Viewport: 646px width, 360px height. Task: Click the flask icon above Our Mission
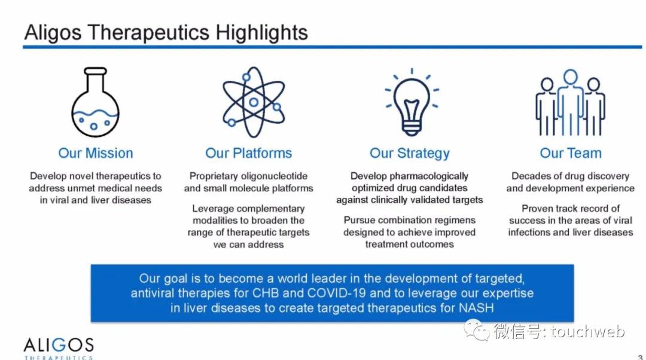[x=95, y=102]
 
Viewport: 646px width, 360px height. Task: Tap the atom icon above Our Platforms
[x=254, y=102]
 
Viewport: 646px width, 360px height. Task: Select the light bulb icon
[x=412, y=102]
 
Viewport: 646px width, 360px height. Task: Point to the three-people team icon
[x=570, y=103]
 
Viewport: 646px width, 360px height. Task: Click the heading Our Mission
[x=96, y=153]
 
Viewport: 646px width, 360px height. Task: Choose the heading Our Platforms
[x=248, y=153]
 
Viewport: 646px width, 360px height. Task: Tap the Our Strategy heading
[x=410, y=153]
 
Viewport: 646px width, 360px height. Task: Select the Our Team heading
[x=571, y=153]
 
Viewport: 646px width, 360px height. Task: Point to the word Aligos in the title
[x=53, y=32]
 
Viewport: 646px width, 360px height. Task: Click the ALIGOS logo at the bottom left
[x=59, y=348]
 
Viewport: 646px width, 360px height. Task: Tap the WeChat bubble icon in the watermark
[x=477, y=330]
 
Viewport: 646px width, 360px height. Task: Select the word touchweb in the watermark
[x=588, y=331]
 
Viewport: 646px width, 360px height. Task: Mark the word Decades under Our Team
[x=528, y=176]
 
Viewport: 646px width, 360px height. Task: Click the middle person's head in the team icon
[x=571, y=77]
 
